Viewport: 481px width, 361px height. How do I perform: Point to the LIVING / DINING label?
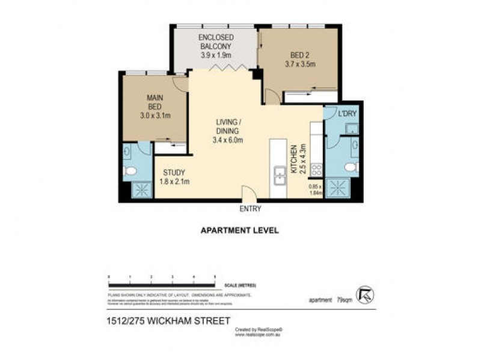tap(228, 131)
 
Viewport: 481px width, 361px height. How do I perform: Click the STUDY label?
tap(173, 176)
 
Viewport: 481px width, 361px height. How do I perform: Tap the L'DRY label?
tap(347, 114)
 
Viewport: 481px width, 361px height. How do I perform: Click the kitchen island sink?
tap(280, 176)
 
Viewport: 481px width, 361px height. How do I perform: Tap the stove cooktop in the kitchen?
tap(316, 170)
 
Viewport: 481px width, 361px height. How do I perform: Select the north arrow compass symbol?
tap(364, 295)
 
